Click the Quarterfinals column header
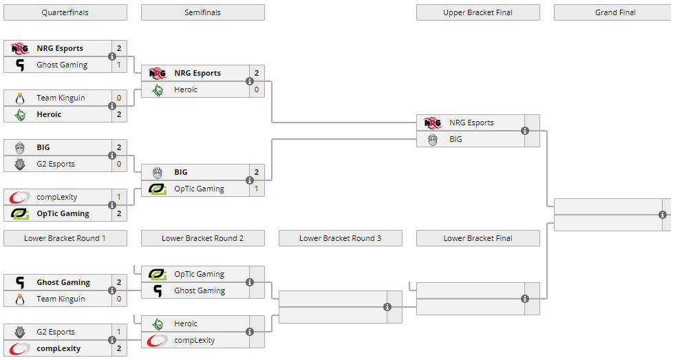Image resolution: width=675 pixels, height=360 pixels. [65, 12]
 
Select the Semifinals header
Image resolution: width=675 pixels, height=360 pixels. [202, 12]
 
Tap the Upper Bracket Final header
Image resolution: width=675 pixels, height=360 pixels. [478, 12]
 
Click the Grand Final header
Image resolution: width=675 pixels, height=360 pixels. [615, 12]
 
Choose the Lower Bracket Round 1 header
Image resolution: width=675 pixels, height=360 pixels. [65, 238]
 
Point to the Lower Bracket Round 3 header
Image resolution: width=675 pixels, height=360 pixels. [340, 238]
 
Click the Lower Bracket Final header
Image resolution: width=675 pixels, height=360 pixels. [478, 238]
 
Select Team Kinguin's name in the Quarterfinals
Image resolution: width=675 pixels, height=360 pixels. [61, 98]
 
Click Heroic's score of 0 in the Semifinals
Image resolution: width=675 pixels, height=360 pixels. [257, 89]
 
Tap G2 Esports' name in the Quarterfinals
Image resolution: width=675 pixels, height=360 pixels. [56, 164]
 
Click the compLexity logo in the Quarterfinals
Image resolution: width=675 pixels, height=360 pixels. [20, 197]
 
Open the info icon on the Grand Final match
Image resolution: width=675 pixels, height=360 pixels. [663, 215]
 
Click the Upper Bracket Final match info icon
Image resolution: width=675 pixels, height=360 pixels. [525, 131]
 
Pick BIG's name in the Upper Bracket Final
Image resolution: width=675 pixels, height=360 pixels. [456, 139]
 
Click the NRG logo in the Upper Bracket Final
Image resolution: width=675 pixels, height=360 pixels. [433, 123]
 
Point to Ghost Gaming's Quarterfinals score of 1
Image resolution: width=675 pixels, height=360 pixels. [119, 65]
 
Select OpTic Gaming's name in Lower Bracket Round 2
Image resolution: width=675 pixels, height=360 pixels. [200, 274]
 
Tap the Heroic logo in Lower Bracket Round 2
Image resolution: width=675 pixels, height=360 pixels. [158, 324]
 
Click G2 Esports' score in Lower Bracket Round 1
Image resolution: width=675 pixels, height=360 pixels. [119, 332]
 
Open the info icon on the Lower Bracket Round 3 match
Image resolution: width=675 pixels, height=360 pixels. [387, 307]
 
